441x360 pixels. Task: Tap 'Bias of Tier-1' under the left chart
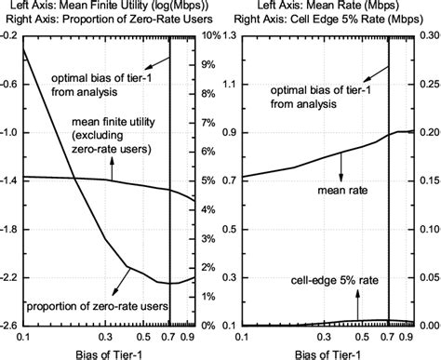click(106, 353)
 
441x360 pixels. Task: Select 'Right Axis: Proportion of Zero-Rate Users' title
click(110, 19)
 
